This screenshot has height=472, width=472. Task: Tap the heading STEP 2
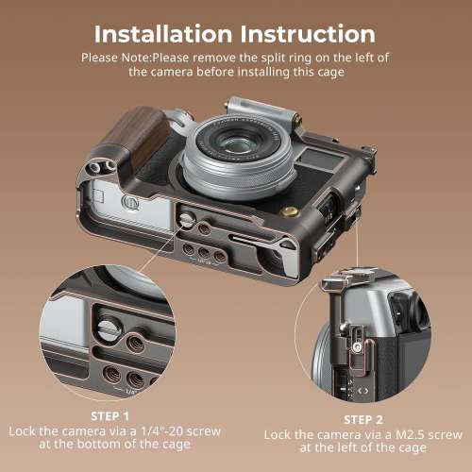[x=363, y=419]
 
